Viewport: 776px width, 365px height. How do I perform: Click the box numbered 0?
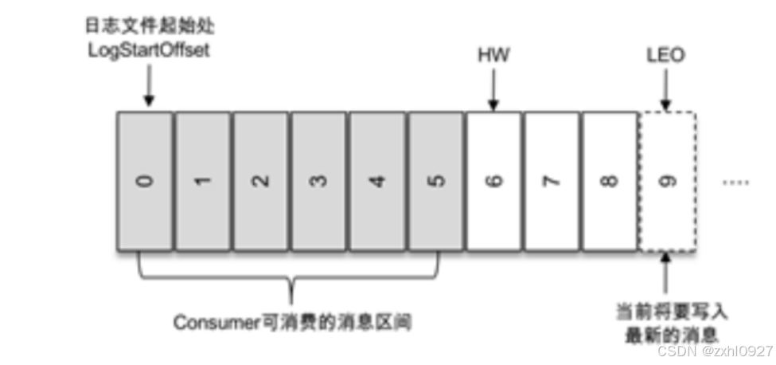pyautogui.click(x=144, y=181)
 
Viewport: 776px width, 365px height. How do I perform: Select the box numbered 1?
pyautogui.click(x=203, y=181)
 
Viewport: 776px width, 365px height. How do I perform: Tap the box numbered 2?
pyautogui.click(x=260, y=181)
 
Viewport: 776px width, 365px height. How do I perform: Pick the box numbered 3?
pyautogui.click(x=318, y=181)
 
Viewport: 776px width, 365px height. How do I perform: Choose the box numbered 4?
pyautogui.click(x=377, y=181)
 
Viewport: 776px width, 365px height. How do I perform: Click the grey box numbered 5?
pyautogui.click(x=435, y=181)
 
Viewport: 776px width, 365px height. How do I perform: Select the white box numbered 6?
pyautogui.click(x=493, y=181)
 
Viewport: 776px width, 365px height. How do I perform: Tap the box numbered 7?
pyautogui.click(x=552, y=181)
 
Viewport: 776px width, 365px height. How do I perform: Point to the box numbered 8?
pyautogui.click(x=610, y=181)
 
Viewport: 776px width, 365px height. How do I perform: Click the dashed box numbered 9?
pyautogui.click(x=667, y=181)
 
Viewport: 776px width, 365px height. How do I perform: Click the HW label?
pyautogui.click(x=493, y=57)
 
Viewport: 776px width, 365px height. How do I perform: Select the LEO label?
pyautogui.click(x=666, y=57)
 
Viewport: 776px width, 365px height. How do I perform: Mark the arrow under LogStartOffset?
pyautogui.click(x=149, y=88)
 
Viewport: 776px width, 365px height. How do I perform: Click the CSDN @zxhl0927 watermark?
pyautogui.click(x=716, y=351)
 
